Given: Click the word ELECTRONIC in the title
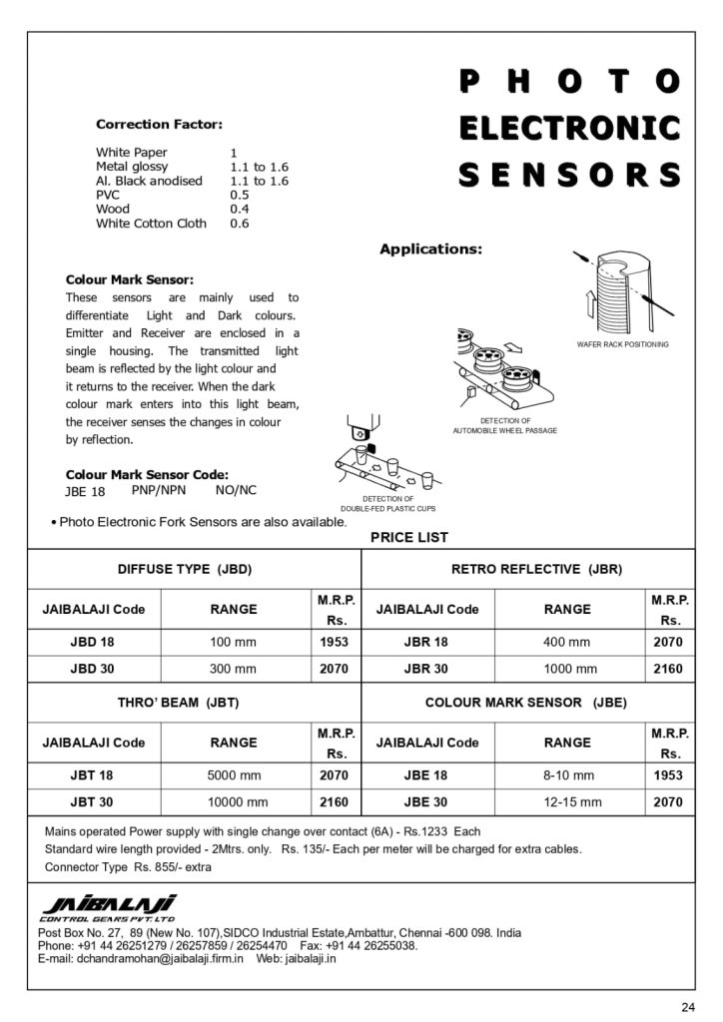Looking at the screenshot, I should coord(569,128).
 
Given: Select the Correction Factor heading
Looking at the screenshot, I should coord(159,125).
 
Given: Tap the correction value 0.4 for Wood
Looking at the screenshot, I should coord(240,210).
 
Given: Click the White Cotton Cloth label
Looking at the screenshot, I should coord(151,224).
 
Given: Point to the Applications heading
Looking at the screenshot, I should coord(430,249).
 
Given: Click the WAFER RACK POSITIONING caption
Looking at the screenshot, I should coord(623,344).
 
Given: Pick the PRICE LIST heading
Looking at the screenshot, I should coord(409,537).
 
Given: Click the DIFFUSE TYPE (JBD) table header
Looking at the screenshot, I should coord(185,569).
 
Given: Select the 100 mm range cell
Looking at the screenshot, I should coord(233,643).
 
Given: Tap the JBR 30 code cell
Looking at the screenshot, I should coord(426,669).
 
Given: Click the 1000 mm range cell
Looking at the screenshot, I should coord(570,669).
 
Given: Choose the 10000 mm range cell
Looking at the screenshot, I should coord(237,801).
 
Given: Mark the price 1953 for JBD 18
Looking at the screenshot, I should coord(334,643).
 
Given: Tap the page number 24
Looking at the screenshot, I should coord(687,1005).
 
